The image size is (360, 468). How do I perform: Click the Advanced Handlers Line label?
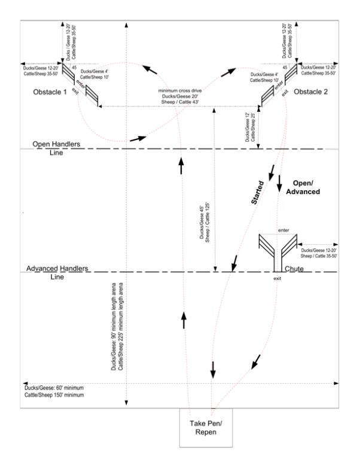tap(59, 272)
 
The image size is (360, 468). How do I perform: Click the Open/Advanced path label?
tap(309, 186)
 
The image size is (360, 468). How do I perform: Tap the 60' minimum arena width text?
tap(53, 391)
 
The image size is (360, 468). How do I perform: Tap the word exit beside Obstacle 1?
tap(75, 90)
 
